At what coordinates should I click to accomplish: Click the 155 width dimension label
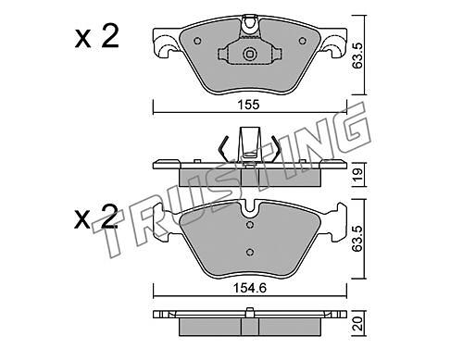(249, 105)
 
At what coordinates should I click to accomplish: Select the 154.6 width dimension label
(250, 289)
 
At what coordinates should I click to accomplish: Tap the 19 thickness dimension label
(358, 175)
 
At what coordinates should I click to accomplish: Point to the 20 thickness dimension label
(358, 324)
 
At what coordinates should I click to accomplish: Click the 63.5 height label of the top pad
(358, 56)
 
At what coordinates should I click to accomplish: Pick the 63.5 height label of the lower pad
(358, 239)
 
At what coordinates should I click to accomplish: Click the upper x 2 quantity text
(96, 37)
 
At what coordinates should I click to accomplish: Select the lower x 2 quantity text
(96, 217)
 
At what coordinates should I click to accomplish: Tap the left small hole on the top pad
(197, 41)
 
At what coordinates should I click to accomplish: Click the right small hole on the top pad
(302, 41)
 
